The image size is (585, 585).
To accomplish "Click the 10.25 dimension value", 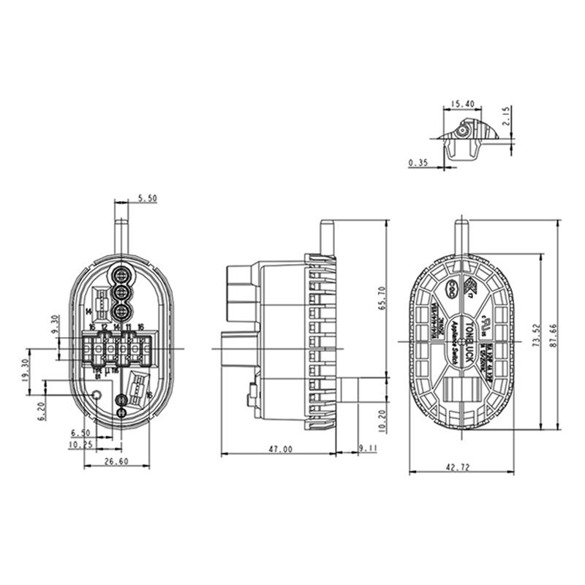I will point(80,443).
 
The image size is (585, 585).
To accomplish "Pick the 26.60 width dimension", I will point(116,461).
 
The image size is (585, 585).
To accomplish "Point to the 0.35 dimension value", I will point(419,162).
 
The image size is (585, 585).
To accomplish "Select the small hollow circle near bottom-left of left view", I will point(97,396).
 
